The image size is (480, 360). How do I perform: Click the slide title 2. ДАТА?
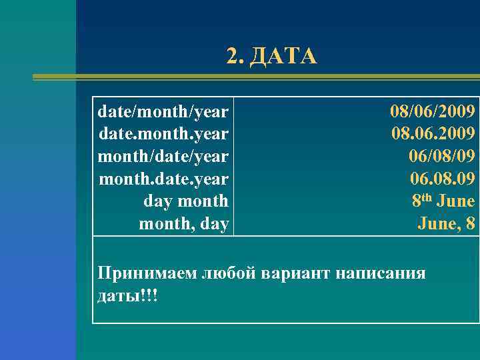tap(272, 57)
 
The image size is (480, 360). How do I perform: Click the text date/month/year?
tap(163, 110)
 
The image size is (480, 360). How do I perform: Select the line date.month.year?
tap(163, 133)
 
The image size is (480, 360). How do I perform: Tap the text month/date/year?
tap(163, 156)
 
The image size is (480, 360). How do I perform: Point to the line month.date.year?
tap(163, 179)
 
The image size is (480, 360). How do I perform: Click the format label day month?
tap(186, 201)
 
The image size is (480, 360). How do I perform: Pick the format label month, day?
tap(183, 224)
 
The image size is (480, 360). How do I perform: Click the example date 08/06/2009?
tap(433, 110)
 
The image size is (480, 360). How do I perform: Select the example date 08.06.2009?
tap(433, 133)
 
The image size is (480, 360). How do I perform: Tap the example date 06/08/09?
tap(442, 156)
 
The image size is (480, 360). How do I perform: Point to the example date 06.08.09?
tap(442, 179)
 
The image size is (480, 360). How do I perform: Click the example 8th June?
tap(443, 201)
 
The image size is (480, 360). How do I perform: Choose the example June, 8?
tap(447, 224)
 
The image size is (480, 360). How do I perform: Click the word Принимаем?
tap(147, 273)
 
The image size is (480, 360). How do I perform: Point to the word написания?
tap(381, 273)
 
